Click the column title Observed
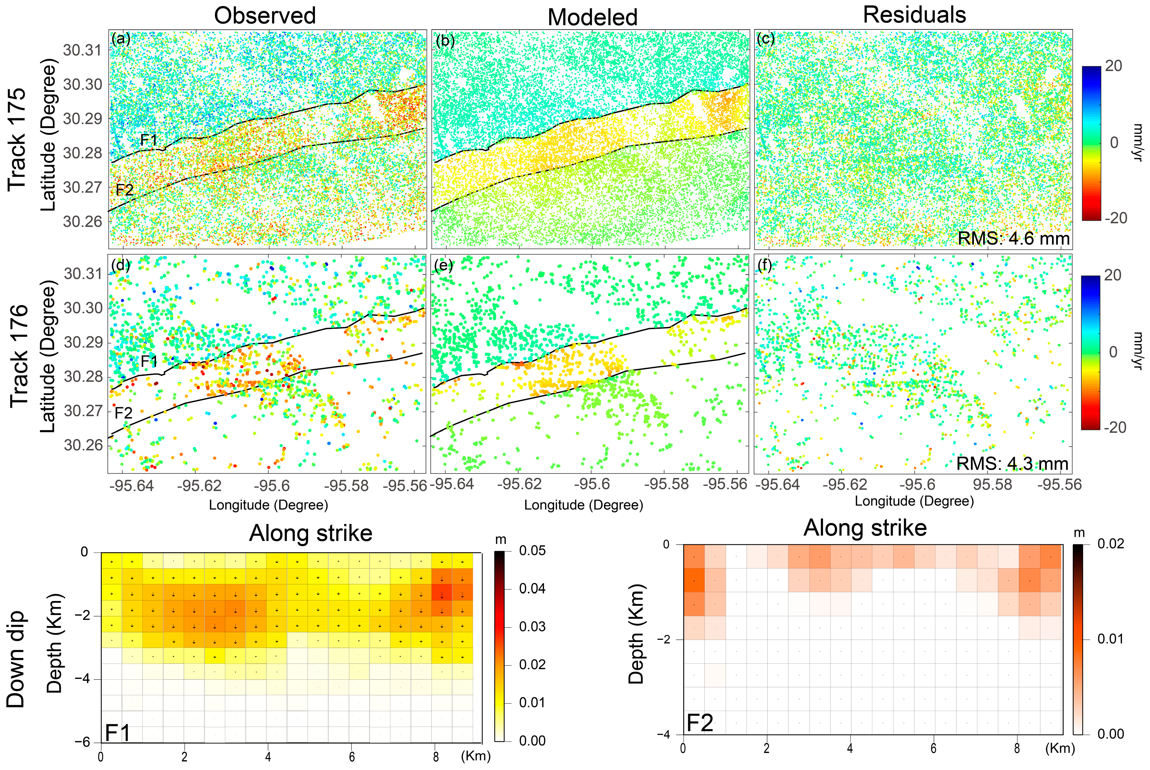pos(265,16)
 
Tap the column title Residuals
pos(914,15)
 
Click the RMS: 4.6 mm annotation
pos(1013,239)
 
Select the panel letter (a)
pos(121,39)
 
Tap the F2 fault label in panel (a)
pos(124,190)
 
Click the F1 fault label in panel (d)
pos(149,361)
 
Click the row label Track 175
pos(17,139)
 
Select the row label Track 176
pos(19,356)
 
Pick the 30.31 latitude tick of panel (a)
pos(82,50)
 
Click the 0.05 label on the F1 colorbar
pos(532,551)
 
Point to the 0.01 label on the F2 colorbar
pos(1110,639)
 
